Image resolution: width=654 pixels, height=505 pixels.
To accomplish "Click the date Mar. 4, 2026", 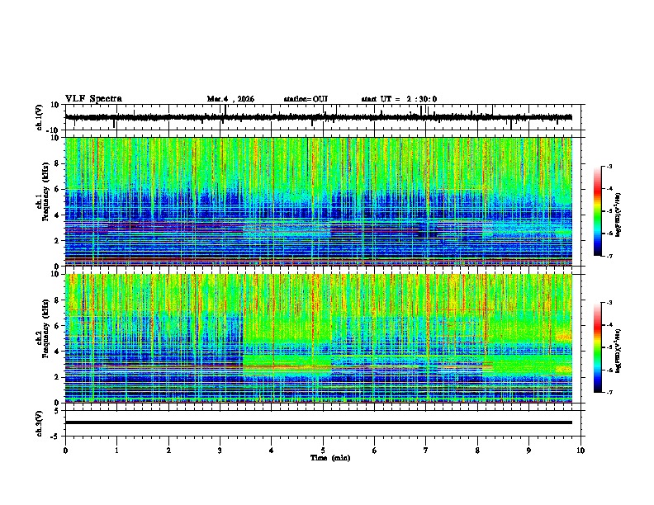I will tap(230, 99).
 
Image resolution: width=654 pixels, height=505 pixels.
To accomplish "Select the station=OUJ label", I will tap(306, 99).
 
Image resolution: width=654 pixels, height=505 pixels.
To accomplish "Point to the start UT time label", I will tap(399, 99).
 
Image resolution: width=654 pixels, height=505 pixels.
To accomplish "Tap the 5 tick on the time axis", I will tap(323, 450).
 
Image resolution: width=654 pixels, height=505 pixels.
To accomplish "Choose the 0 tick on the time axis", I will tap(65, 450).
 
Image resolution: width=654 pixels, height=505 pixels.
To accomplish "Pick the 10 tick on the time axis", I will tap(581, 450).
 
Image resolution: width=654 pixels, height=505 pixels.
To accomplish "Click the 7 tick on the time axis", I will tap(426, 450).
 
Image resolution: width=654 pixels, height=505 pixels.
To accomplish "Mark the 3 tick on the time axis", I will tap(220, 450).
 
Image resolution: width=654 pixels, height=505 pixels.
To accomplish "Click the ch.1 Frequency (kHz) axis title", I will tap(43, 201).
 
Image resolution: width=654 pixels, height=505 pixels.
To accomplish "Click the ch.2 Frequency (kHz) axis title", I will tap(43, 337).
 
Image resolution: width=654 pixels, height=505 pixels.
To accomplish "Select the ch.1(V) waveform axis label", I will tap(40, 117).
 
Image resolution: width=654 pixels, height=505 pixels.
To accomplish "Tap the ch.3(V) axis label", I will tap(40, 422).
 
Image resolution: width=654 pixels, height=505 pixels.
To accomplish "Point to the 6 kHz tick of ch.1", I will tap(56, 189).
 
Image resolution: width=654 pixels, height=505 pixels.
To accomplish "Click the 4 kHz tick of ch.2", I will tap(56, 351).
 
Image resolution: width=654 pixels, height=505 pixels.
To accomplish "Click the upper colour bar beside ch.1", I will tap(597, 211).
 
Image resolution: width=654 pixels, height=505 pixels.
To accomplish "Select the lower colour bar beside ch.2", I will tap(597, 347).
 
